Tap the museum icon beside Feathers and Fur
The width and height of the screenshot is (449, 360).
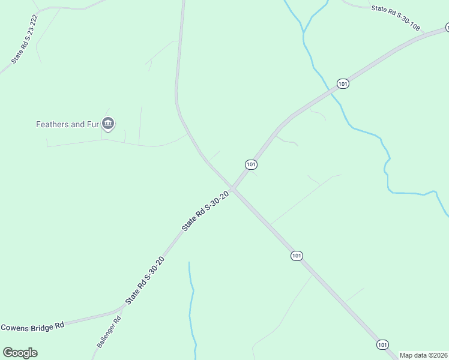tap(108, 124)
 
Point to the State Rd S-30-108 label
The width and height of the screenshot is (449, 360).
tap(395, 18)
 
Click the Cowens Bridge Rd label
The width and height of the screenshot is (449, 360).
tap(32, 327)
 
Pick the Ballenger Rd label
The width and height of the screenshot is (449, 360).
tap(109, 332)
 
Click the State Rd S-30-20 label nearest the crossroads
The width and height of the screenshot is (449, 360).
tap(206, 211)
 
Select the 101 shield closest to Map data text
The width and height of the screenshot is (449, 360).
tap(382, 344)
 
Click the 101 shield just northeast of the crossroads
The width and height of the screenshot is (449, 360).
tap(251, 164)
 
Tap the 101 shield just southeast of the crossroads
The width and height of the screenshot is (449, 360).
tap(297, 256)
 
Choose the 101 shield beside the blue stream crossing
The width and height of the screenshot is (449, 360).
tap(342, 84)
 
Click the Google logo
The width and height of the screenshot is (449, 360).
tap(20, 353)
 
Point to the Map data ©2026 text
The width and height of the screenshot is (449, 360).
tap(423, 355)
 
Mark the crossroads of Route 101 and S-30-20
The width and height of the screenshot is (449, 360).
tap(234, 190)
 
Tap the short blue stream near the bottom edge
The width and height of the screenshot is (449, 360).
tap(192, 306)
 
